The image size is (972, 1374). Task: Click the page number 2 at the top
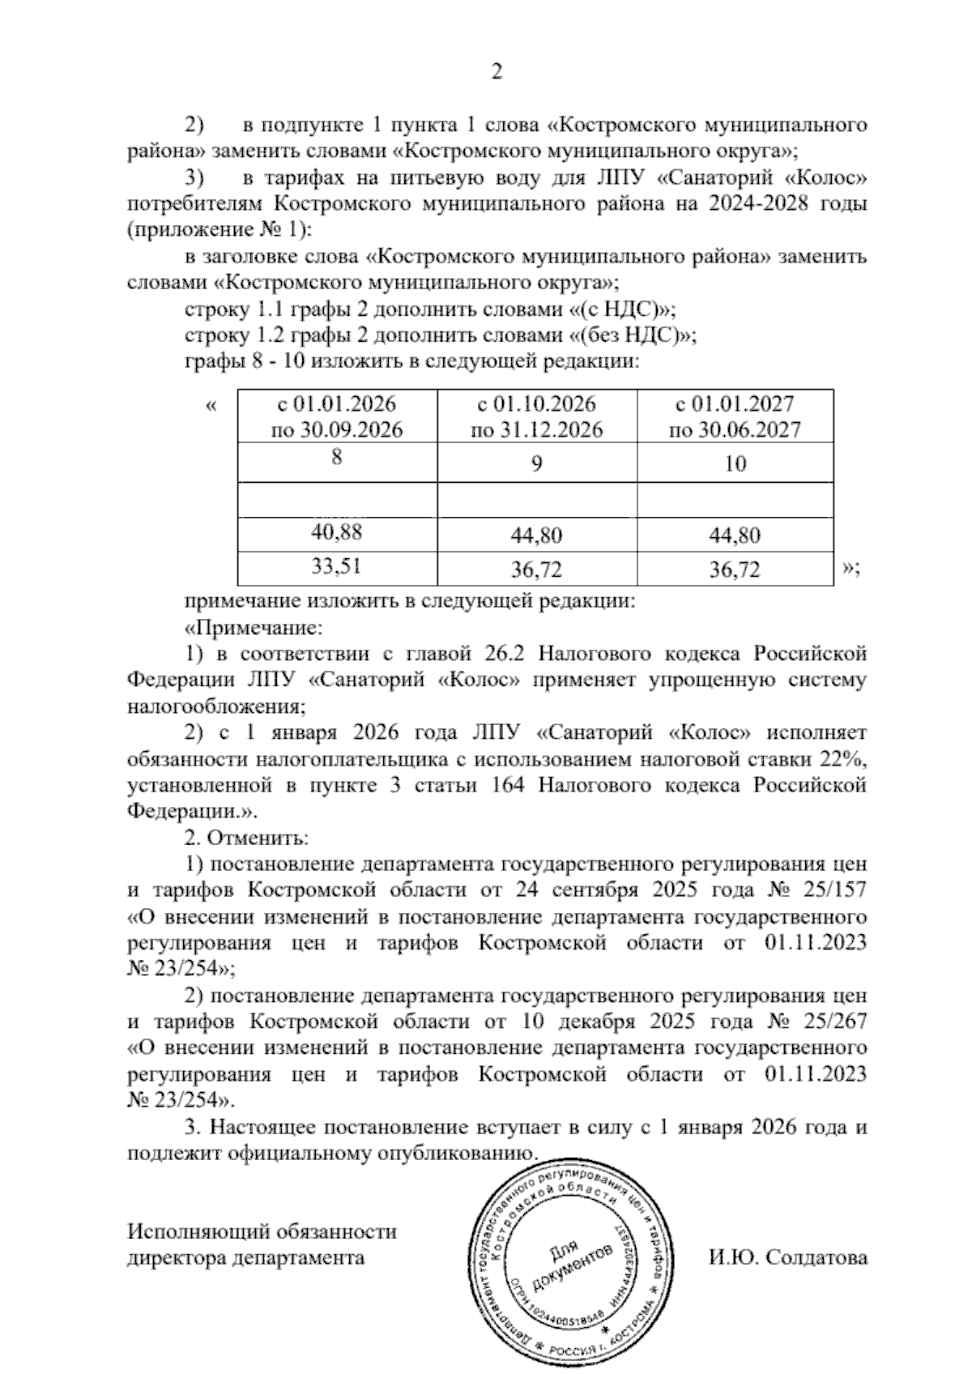click(x=497, y=73)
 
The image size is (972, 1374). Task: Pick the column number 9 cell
click(x=537, y=464)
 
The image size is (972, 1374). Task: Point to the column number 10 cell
click(x=735, y=464)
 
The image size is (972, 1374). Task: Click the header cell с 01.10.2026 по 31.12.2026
click(x=537, y=416)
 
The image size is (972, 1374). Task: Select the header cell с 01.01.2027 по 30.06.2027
click(x=735, y=416)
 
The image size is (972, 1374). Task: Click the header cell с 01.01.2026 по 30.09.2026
click(x=337, y=416)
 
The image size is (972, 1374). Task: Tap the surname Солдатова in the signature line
click(x=816, y=1257)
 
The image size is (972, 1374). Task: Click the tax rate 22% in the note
click(x=847, y=759)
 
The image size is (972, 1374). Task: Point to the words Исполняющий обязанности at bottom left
click(x=262, y=1231)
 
